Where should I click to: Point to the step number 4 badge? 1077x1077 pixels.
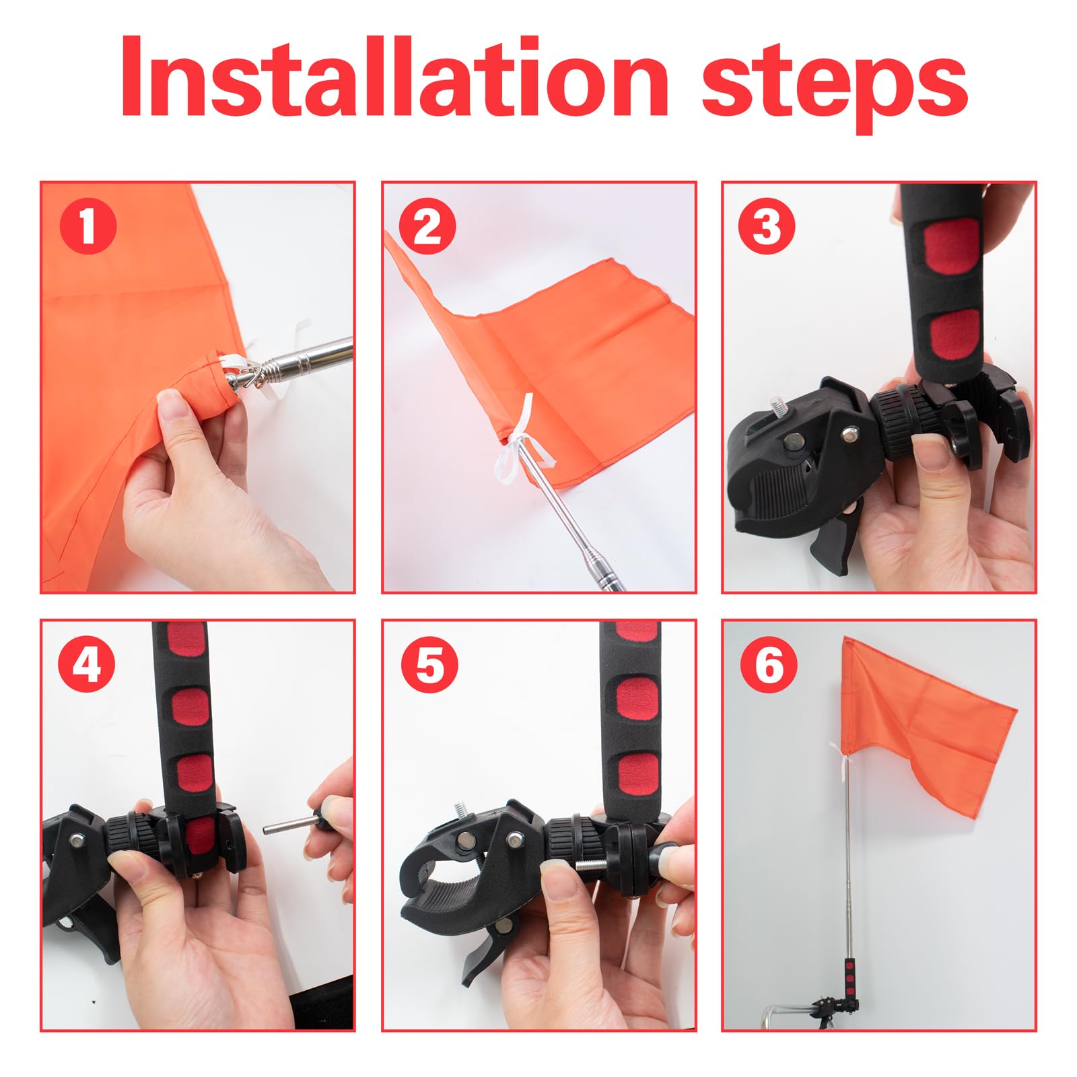coord(88,664)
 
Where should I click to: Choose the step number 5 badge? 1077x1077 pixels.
coord(429,664)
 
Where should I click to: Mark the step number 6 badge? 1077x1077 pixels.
coord(769,664)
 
